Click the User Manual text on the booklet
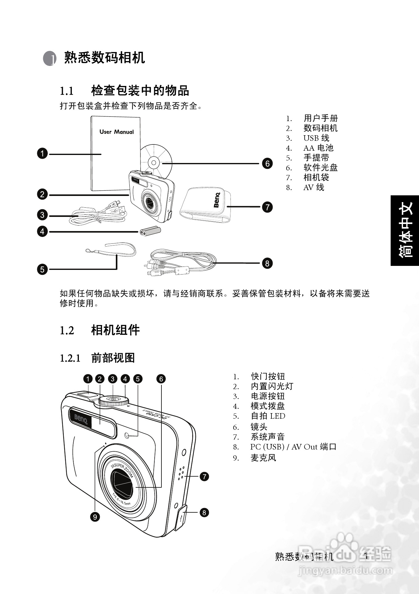point(116,132)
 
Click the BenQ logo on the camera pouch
point(217,200)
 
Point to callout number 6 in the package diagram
point(267,163)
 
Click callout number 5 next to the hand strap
point(43,269)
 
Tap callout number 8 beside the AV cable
point(267,263)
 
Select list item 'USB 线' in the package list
point(316,138)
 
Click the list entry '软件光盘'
point(320,168)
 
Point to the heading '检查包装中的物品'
point(140,91)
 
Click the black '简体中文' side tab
point(405,230)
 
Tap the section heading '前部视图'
point(113,358)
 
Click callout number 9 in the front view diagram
point(95,517)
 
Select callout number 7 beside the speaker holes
point(204,477)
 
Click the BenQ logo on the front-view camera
point(81,419)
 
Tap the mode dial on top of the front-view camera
point(113,400)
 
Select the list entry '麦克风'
point(263,458)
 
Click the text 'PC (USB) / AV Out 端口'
point(293,447)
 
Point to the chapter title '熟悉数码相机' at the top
point(104,58)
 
